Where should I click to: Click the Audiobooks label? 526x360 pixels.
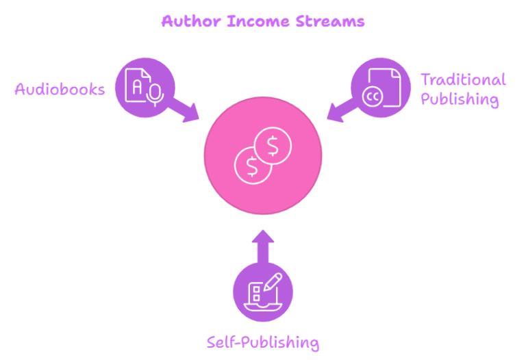point(60,90)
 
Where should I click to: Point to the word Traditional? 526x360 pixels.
point(463,80)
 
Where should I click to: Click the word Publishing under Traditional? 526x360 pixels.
point(459,100)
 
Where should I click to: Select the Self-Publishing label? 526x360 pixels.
point(263,342)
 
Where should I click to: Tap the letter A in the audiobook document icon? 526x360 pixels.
point(138,87)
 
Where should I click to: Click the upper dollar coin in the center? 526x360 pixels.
point(273,146)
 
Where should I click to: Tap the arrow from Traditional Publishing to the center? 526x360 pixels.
point(338,110)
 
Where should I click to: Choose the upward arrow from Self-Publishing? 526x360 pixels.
point(263,246)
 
